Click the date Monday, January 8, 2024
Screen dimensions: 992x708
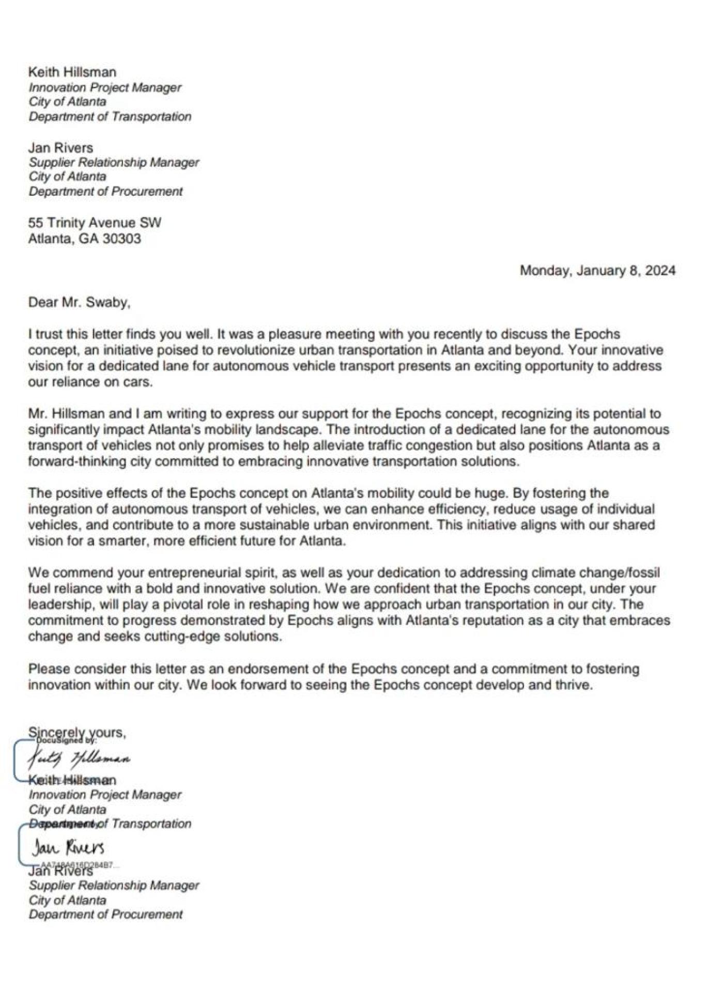(x=597, y=271)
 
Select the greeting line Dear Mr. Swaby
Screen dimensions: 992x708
(x=79, y=302)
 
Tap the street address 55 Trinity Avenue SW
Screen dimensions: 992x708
(x=95, y=223)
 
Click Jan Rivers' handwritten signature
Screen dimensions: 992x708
(x=68, y=848)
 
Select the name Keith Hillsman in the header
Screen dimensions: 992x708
(x=72, y=72)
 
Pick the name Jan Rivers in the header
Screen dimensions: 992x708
(x=60, y=148)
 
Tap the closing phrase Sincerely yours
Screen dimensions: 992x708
(x=77, y=732)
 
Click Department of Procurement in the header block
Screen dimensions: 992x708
(x=105, y=192)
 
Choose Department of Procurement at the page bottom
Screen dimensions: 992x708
(x=105, y=914)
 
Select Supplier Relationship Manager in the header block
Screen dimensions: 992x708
(x=114, y=162)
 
